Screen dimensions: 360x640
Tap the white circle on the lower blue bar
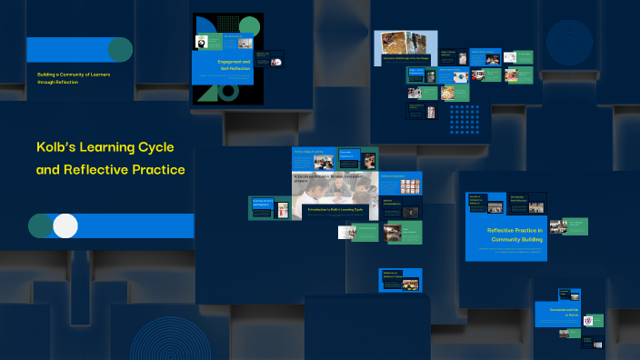(x=65, y=225)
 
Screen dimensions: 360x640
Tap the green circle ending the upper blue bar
(x=120, y=49)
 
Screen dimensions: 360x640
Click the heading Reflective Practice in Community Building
(x=515, y=235)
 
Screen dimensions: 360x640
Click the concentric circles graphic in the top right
(x=569, y=42)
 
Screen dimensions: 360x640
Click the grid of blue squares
(x=465, y=119)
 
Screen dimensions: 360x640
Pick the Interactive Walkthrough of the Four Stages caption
(x=405, y=59)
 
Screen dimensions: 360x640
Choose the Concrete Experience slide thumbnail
(x=357, y=158)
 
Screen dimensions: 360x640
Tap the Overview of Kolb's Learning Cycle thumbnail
(x=268, y=207)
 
